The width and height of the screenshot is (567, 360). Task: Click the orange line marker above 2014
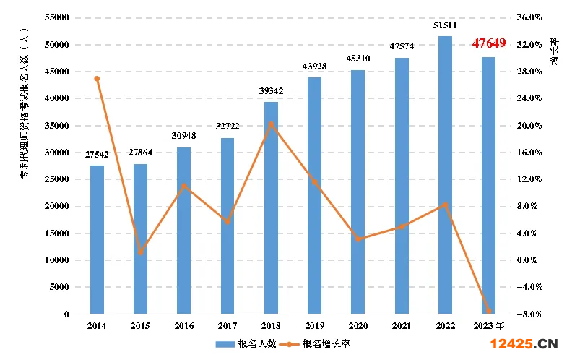tap(97, 78)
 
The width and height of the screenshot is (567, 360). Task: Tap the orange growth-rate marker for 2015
tap(140, 252)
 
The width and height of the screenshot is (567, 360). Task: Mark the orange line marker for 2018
tap(271, 124)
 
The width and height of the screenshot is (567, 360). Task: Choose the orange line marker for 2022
tap(445, 205)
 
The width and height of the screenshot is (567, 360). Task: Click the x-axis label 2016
tap(183, 326)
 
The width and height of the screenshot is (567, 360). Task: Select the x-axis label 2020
tap(358, 326)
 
